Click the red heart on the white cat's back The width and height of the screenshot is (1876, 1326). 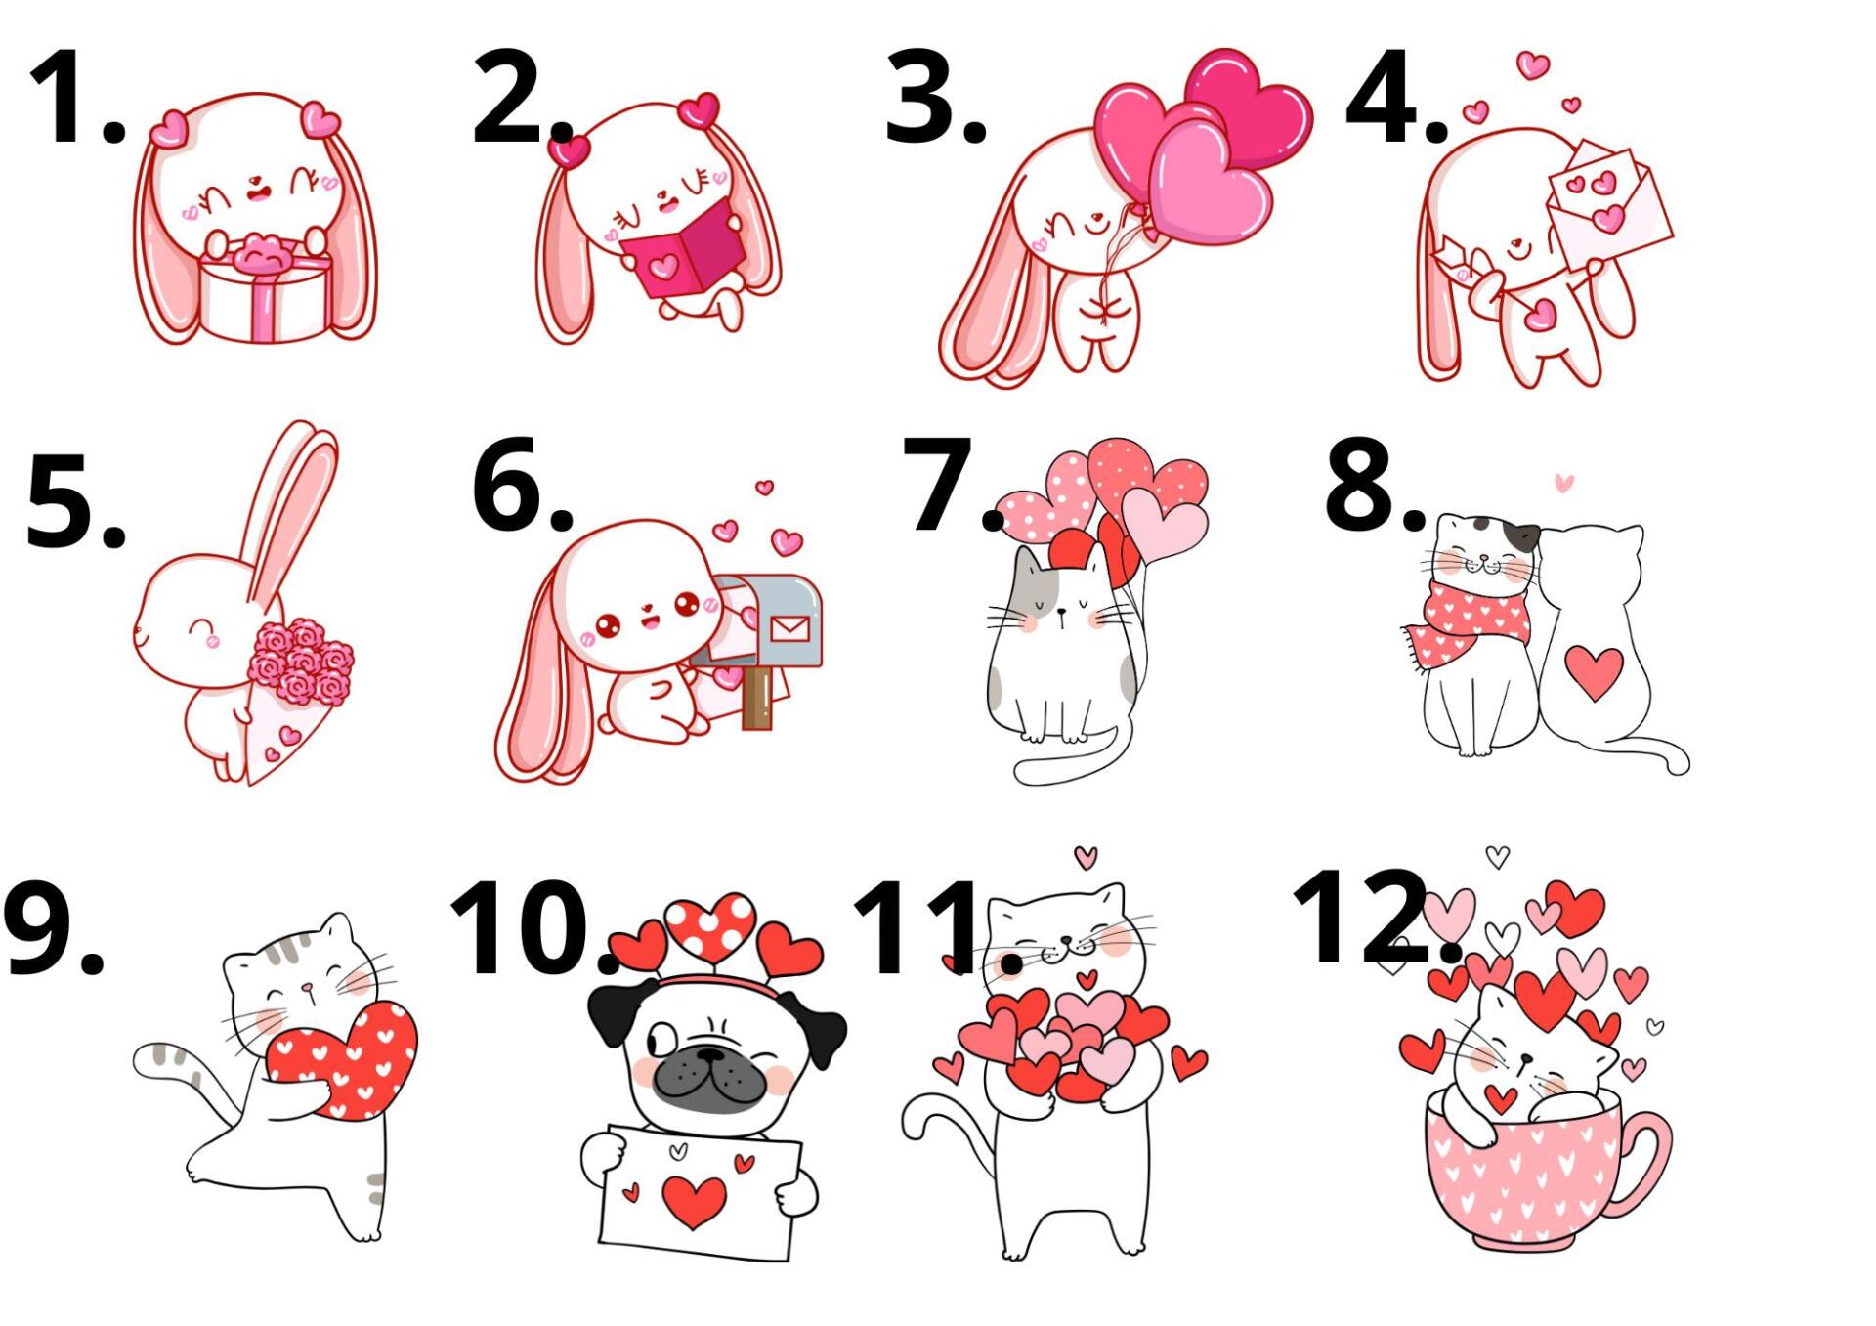pos(1594,672)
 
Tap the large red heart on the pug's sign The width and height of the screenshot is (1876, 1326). pos(694,1201)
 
